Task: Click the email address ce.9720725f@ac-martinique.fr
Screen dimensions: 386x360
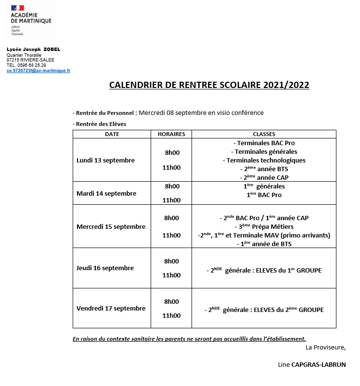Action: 38,70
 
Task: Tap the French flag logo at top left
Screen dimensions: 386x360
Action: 18,9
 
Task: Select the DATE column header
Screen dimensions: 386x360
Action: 112,134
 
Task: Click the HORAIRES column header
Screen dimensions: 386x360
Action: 171,134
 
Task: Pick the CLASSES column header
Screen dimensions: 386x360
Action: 264,134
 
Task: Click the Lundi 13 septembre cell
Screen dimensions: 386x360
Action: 105,160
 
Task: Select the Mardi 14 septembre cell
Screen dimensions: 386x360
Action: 106,193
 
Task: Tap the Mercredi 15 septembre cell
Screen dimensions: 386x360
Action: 111,226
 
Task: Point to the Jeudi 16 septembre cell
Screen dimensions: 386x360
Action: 105,268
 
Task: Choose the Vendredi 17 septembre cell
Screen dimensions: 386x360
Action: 111,308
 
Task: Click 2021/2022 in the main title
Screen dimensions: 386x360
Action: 286,85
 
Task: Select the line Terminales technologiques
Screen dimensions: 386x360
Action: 264,160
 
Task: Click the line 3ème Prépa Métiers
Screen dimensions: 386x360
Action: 264,226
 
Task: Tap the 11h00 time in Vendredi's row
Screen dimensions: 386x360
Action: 172,315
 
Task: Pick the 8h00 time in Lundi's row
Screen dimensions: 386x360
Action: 172,152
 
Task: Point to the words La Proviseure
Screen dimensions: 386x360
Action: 325,347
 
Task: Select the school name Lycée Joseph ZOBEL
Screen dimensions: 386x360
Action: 33,50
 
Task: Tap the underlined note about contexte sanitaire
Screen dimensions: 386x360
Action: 189,338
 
